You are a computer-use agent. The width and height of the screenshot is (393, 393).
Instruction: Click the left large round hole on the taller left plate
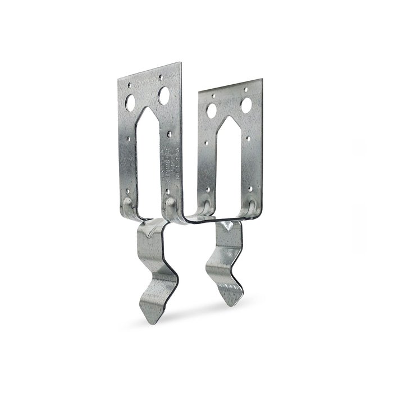(130, 103)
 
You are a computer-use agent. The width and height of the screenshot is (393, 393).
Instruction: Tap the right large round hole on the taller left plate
(164, 95)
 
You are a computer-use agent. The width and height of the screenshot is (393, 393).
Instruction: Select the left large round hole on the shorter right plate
(212, 111)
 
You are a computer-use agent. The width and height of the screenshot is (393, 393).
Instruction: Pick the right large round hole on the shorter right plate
(246, 104)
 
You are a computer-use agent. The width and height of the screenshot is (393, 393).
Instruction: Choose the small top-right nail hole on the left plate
(161, 77)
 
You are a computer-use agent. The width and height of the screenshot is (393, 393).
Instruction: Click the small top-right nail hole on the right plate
(245, 89)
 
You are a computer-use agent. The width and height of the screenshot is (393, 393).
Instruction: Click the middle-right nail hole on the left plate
(170, 135)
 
